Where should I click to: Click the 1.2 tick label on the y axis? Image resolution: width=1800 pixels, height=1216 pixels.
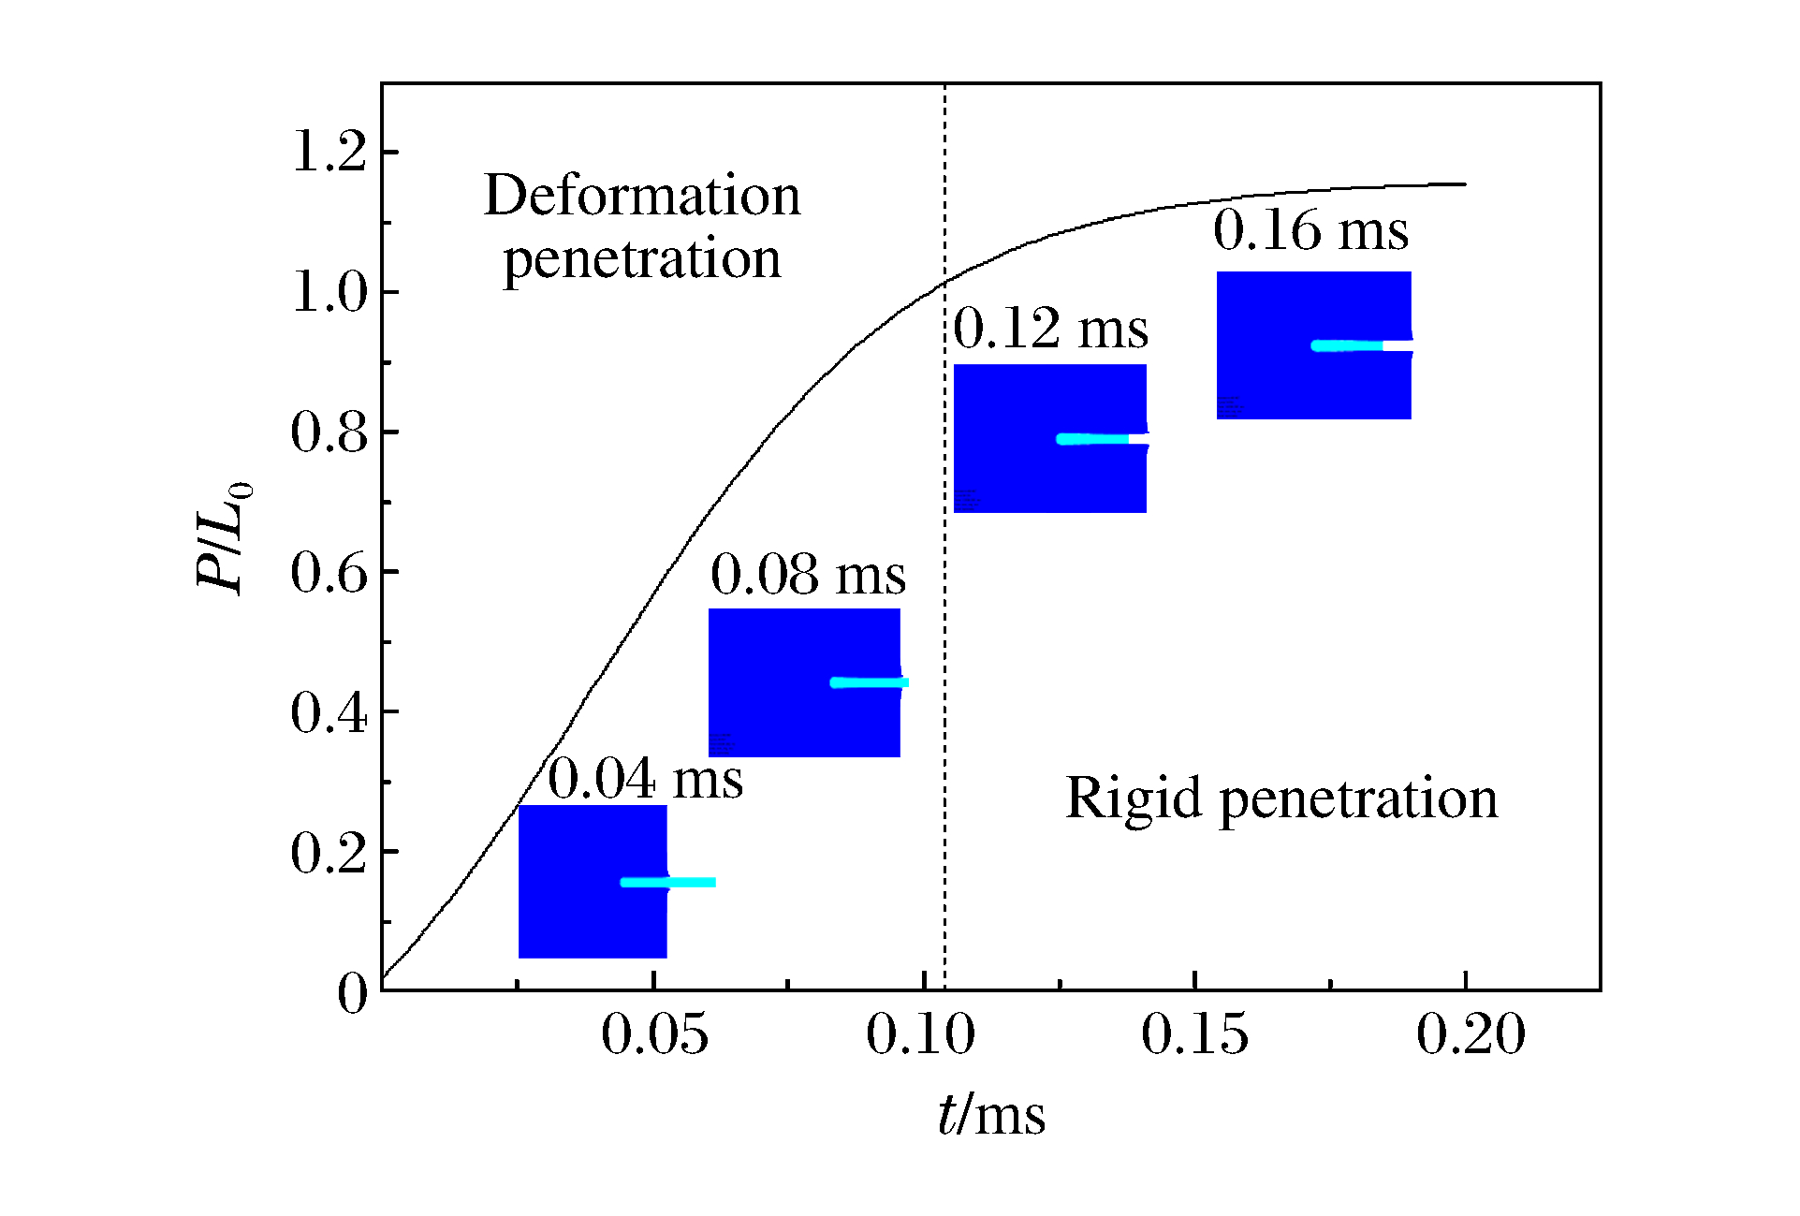tap(329, 151)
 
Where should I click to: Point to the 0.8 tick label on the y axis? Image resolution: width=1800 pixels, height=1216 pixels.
tap(329, 432)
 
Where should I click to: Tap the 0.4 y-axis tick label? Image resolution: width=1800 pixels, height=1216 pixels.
tap(329, 712)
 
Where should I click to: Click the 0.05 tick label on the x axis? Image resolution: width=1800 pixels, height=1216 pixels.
tap(654, 1034)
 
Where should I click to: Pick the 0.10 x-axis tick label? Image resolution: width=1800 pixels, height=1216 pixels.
tap(920, 1034)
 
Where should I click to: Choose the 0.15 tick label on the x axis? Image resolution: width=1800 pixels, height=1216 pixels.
tap(1194, 1034)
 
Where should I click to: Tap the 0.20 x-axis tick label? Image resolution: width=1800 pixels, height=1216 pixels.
tap(1471, 1034)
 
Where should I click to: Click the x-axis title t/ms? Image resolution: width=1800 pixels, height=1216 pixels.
tap(991, 1115)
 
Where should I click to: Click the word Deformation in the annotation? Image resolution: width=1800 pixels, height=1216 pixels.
tap(642, 196)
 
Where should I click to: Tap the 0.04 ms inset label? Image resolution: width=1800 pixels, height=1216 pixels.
tap(645, 778)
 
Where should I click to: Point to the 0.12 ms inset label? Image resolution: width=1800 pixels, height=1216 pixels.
tap(1050, 329)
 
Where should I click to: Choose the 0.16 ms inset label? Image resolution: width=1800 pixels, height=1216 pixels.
tap(1310, 230)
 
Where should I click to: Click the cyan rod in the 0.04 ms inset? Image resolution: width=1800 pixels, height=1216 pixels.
tap(667, 882)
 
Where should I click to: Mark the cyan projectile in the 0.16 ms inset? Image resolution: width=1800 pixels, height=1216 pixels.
tap(1347, 345)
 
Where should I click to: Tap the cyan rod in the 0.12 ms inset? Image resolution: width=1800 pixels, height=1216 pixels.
tap(1092, 439)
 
